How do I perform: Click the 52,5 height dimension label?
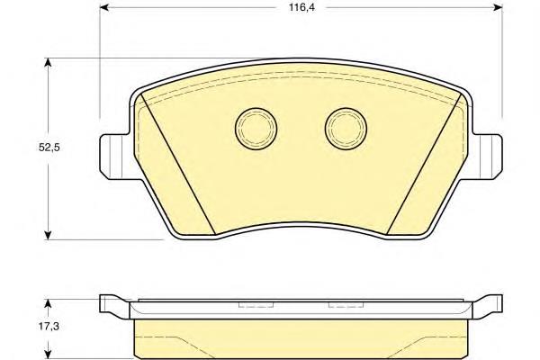(49, 148)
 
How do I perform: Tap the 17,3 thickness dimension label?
(49, 326)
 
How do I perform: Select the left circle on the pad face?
(256, 129)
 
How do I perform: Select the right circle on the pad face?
(346, 129)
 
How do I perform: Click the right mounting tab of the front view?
(488, 157)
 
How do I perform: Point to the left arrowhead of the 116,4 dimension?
(104, 7)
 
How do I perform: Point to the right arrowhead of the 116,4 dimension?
(498, 7)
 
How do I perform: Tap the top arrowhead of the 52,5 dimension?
(48, 62)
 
